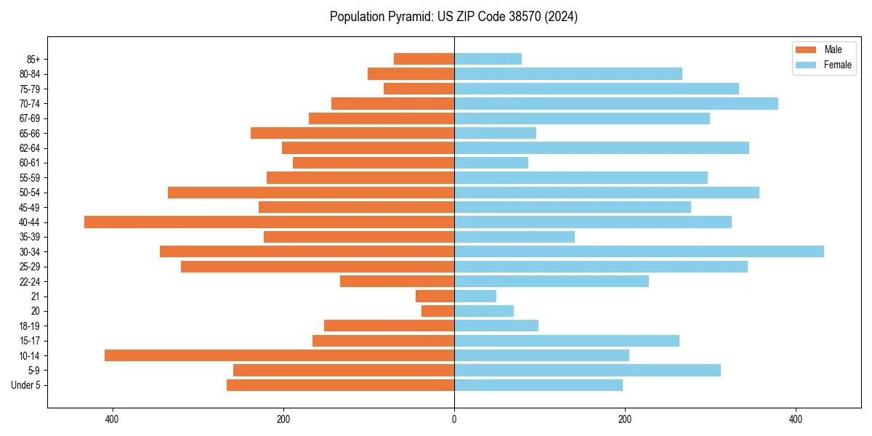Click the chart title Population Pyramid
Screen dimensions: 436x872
[453, 17]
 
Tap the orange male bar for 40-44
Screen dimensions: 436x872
[269, 222]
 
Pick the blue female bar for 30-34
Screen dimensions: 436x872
[639, 251]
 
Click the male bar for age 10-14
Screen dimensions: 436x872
[279, 355]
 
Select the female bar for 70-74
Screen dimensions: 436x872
[615, 103]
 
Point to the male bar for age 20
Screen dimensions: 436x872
[437, 311]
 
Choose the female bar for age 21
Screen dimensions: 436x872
[475, 296]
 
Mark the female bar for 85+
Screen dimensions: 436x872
[488, 59]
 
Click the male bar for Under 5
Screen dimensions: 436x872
[340, 385]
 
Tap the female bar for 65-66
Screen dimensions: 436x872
[495, 133]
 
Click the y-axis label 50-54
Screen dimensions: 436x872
[30, 193]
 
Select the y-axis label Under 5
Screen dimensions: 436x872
[25, 385]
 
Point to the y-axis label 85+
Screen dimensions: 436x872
[33, 59]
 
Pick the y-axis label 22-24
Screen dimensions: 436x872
[30, 281]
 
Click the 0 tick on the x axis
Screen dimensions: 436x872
[454, 419]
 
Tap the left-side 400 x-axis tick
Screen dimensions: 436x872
[112, 419]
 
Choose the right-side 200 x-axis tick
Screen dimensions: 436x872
[624, 419]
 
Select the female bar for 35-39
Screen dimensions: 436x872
[514, 237]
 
